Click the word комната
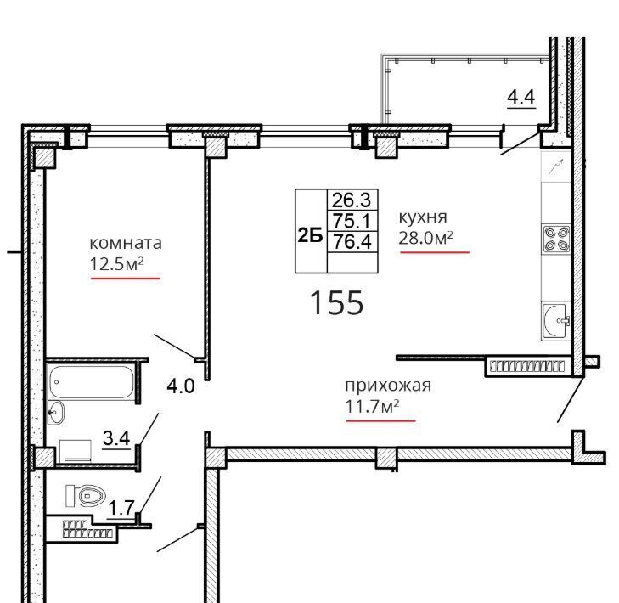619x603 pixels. pyautogui.click(x=126, y=243)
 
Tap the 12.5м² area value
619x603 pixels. pyautogui.click(x=116, y=264)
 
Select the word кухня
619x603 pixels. pyautogui.click(x=423, y=217)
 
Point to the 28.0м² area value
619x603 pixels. pyautogui.click(x=425, y=238)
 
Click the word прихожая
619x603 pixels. pyautogui.click(x=388, y=386)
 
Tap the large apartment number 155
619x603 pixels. pyautogui.click(x=337, y=302)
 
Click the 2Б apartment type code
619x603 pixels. pyautogui.click(x=310, y=236)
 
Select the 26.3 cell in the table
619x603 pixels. pyautogui.click(x=352, y=200)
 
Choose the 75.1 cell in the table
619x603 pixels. pyautogui.click(x=352, y=220)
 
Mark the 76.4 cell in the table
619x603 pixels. pyautogui.click(x=352, y=241)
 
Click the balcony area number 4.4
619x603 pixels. pyautogui.click(x=521, y=97)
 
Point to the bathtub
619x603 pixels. pyautogui.click(x=91, y=381)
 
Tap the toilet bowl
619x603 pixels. pyautogui.click(x=86, y=495)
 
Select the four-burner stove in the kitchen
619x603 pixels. pyautogui.click(x=556, y=239)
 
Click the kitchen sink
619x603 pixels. pyautogui.click(x=556, y=321)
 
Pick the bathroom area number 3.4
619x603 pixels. pyautogui.click(x=116, y=438)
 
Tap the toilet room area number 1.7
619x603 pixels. pyautogui.click(x=122, y=508)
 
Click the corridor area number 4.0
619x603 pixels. pyautogui.click(x=181, y=386)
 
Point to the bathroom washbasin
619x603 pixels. pyautogui.click(x=56, y=413)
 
